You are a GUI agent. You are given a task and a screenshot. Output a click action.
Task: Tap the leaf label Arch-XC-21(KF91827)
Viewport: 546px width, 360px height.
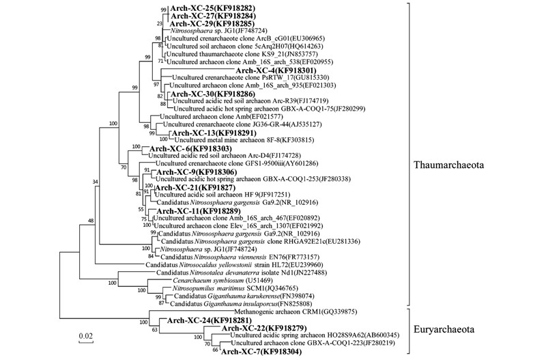pyautogui.click(x=197, y=187)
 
